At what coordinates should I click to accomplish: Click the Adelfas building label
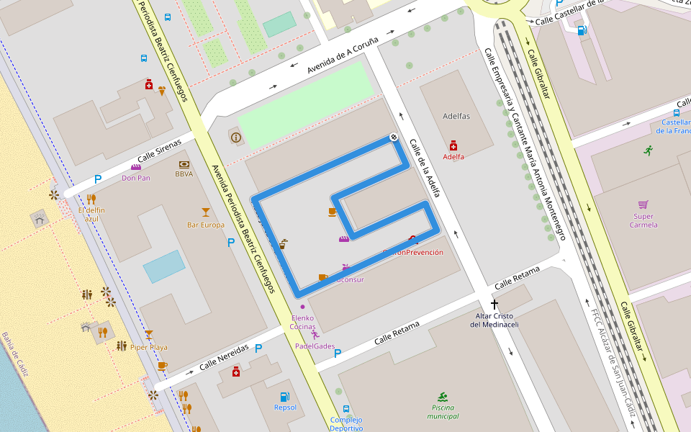(456, 116)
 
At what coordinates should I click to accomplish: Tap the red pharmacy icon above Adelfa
(453, 145)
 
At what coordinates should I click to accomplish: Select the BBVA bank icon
(184, 164)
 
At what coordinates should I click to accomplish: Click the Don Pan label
(136, 178)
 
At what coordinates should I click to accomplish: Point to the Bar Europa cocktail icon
(206, 212)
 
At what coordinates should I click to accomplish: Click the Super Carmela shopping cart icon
(643, 204)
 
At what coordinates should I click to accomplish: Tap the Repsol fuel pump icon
(285, 397)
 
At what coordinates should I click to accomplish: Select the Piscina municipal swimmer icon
(442, 397)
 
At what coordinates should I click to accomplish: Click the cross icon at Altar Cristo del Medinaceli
(494, 305)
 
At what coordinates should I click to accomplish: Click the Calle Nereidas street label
(224, 357)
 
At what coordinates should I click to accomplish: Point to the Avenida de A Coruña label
(343, 55)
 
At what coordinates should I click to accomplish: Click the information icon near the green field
(235, 137)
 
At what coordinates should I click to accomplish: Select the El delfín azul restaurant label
(91, 214)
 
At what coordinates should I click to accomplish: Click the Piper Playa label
(149, 347)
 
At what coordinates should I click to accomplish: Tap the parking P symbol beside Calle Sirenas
(98, 179)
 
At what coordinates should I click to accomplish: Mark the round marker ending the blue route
(394, 137)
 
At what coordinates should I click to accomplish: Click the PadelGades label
(315, 346)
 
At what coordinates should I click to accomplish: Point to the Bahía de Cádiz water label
(15, 354)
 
